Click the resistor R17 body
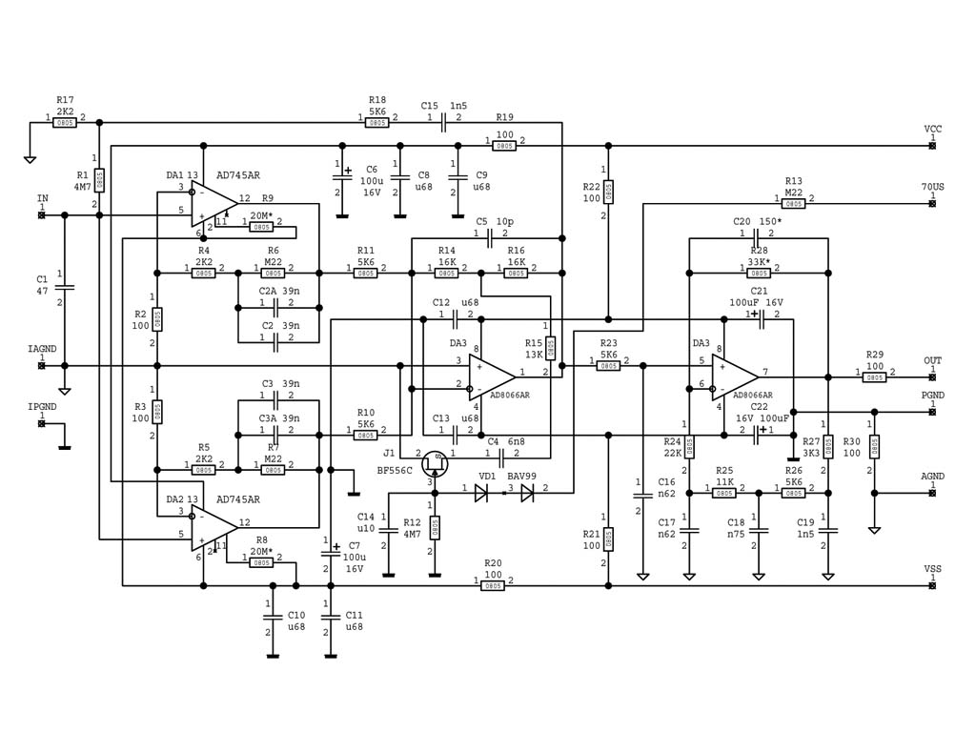click(65, 122)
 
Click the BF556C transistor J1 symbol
click(436, 463)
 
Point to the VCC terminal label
click(932, 129)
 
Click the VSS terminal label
click(932, 569)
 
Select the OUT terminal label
click(932, 361)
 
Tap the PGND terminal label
click(932, 395)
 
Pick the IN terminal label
click(42, 198)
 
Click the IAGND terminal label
click(42, 350)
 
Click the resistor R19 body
click(505, 145)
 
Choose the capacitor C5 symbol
click(489, 234)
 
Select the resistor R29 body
click(874, 377)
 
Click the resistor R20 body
click(493, 585)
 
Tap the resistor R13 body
click(793, 203)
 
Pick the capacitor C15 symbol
click(444, 122)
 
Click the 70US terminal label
click(932, 187)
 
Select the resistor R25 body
click(724, 493)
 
